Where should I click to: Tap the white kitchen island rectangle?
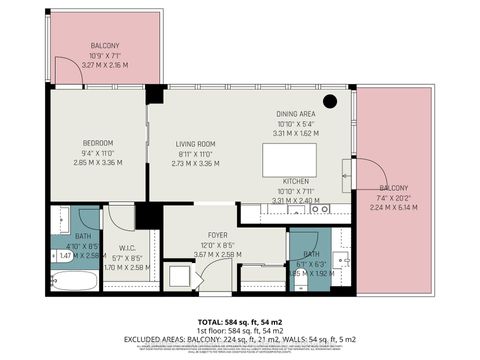tap(288, 158)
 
